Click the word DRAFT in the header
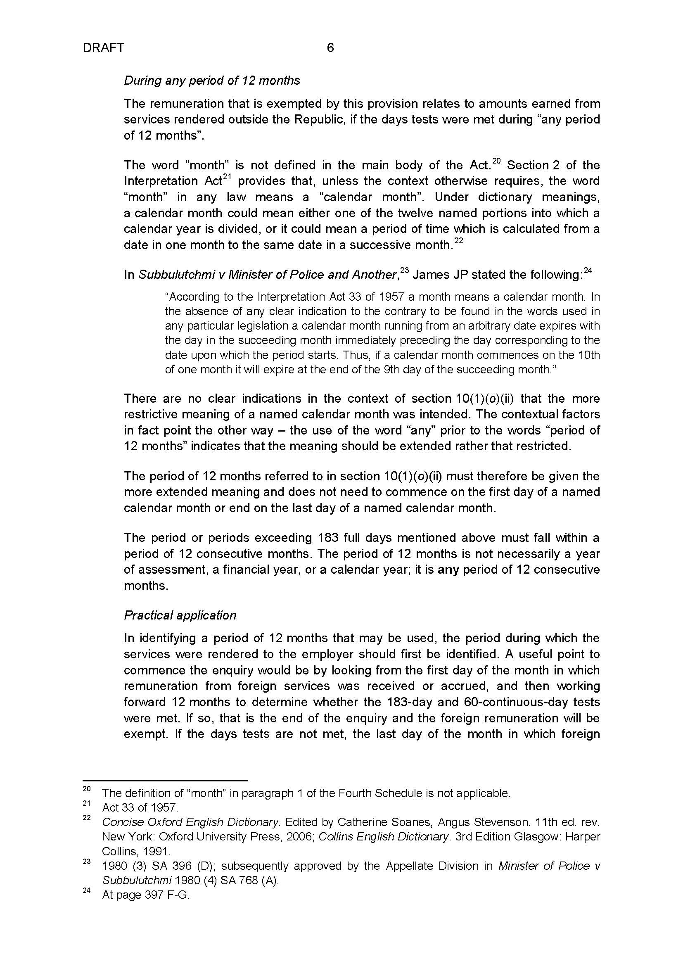pyautogui.click(x=104, y=48)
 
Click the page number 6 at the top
pyautogui.click(x=330, y=48)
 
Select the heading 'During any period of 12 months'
pyautogui.click(x=212, y=81)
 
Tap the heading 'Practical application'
pyautogui.click(x=180, y=615)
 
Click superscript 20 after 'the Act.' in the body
pyautogui.click(x=496, y=161)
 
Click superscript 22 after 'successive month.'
pyautogui.click(x=458, y=241)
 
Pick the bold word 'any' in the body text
pyautogui.click(x=448, y=570)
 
